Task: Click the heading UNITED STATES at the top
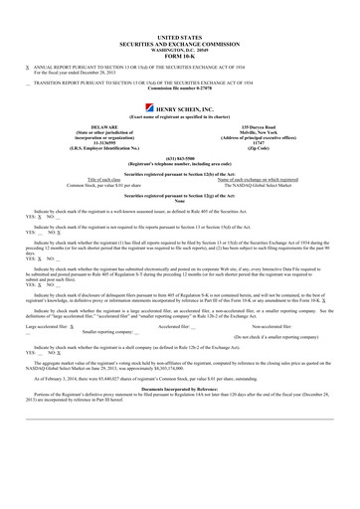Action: [x=179, y=36]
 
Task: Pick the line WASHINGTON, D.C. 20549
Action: [x=179, y=48]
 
